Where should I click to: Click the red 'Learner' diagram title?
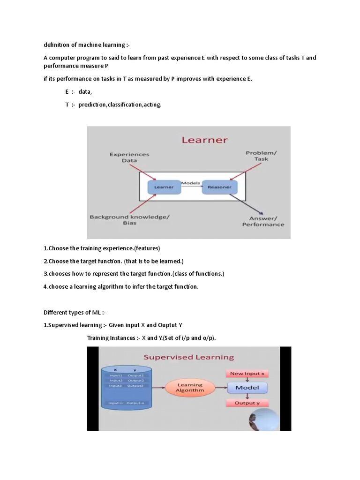point(204,140)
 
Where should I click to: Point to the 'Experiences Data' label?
point(129,157)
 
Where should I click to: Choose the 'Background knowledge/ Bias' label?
point(130,220)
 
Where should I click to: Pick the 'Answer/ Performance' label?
point(263,221)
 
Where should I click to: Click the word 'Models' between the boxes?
point(191,183)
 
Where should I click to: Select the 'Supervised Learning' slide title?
point(188,357)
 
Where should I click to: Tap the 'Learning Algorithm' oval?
point(190,388)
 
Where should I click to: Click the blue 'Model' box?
point(247,388)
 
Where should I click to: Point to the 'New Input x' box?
point(247,374)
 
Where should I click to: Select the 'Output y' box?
point(247,403)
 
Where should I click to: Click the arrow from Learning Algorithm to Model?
point(222,388)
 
